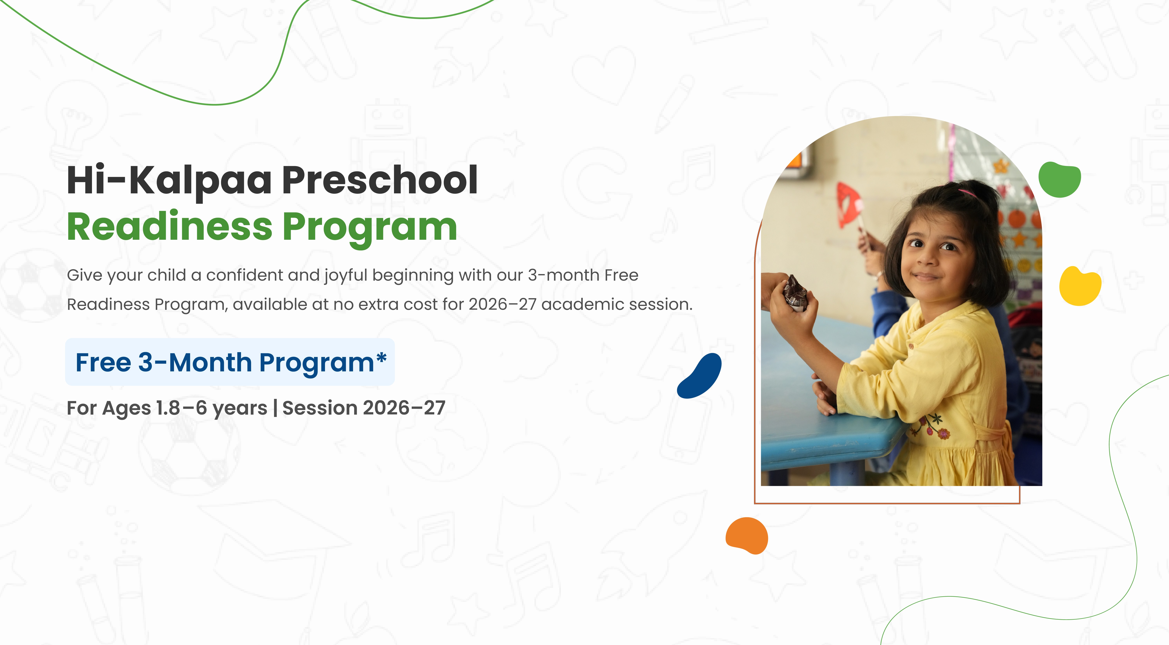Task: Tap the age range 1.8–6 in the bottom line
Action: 182,408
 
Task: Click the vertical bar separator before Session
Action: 275,408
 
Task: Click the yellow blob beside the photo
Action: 1080,286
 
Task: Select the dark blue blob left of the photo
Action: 699,376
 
